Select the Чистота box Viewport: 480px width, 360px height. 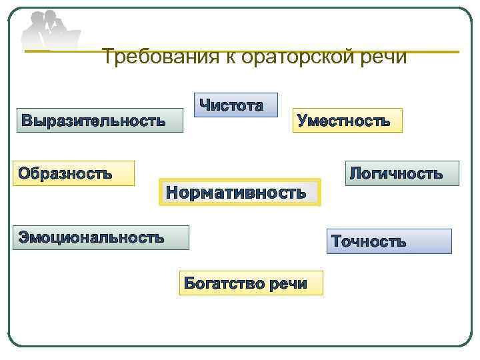click(x=236, y=105)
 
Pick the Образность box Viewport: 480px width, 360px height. click(x=73, y=173)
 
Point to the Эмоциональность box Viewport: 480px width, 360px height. click(x=100, y=237)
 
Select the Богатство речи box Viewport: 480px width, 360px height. click(x=251, y=283)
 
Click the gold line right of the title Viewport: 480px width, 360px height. click(x=433, y=51)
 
